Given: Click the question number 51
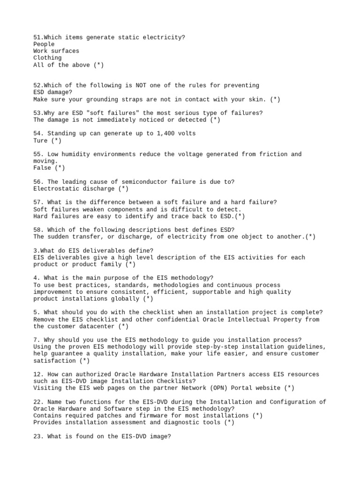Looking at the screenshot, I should (37, 37).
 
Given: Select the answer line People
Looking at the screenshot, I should (44, 44).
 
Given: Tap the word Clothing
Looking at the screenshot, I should (47, 58).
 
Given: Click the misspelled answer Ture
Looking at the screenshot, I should (40, 141).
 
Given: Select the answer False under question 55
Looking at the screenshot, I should (42, 168).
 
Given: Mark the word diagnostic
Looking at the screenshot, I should (181, 422).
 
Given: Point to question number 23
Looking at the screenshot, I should (39, 436).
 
